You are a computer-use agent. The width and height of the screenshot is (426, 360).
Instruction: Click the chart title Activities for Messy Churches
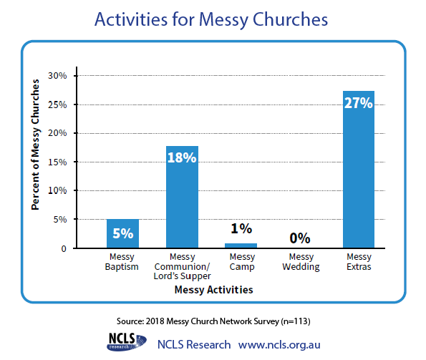[x=211, y=20]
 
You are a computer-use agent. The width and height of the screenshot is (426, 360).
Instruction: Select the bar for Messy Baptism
[x=122, y=233]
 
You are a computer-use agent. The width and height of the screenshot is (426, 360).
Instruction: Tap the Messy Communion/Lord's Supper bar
[x=182, y=197]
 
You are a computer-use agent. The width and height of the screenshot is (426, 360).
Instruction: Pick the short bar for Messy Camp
[x=241, y=245]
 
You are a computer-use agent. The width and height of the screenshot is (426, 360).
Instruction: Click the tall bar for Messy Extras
[x=359, y=170]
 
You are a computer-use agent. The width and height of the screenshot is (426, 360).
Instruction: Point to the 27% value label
[x=359, y=103]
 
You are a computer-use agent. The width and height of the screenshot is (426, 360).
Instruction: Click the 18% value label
[x=182, y=157]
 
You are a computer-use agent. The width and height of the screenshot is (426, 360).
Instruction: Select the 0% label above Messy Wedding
[x=300, y=238]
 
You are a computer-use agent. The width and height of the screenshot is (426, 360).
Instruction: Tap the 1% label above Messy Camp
[x=241, y=228]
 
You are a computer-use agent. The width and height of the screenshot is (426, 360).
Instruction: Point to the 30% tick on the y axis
[x=57, y=75]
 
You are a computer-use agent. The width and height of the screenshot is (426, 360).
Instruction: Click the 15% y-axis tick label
[x=57, y=162]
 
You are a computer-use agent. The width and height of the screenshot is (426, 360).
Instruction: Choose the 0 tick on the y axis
[x=64, y=248]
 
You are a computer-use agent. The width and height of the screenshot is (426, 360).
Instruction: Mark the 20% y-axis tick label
[x=57, y=133]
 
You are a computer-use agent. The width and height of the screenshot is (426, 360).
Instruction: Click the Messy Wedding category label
[x=301, y=262]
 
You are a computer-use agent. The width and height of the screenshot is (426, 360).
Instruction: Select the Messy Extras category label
[x=359, y=262]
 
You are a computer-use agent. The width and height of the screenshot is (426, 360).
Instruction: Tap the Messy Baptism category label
[x=122, y=262]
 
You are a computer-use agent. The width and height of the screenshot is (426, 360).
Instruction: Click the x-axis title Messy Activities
[x=214, y=290]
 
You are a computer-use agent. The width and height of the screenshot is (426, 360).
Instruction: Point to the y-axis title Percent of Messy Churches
[x=35, y=145]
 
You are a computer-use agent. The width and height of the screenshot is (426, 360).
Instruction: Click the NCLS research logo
[x=127, y=342]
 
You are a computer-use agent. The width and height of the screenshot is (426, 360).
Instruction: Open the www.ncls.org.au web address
[x=279, y=344]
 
